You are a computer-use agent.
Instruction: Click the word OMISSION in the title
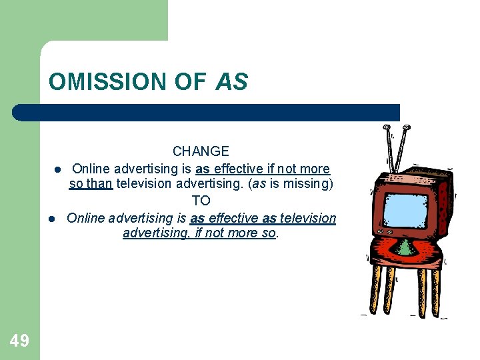[107, 83]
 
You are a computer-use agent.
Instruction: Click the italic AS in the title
[231, 83]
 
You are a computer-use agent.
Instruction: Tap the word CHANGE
[201, 152]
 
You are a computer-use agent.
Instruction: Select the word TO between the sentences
[201, 201]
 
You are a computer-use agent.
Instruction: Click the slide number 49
[19, 341]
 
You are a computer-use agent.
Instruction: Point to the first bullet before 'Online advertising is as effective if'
[58, 169]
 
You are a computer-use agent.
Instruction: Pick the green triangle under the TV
[405, 248]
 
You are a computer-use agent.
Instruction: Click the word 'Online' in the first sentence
[91, 169]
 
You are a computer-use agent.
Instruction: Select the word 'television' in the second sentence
[308, 218]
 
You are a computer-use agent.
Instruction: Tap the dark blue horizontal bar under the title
[207, 112]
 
